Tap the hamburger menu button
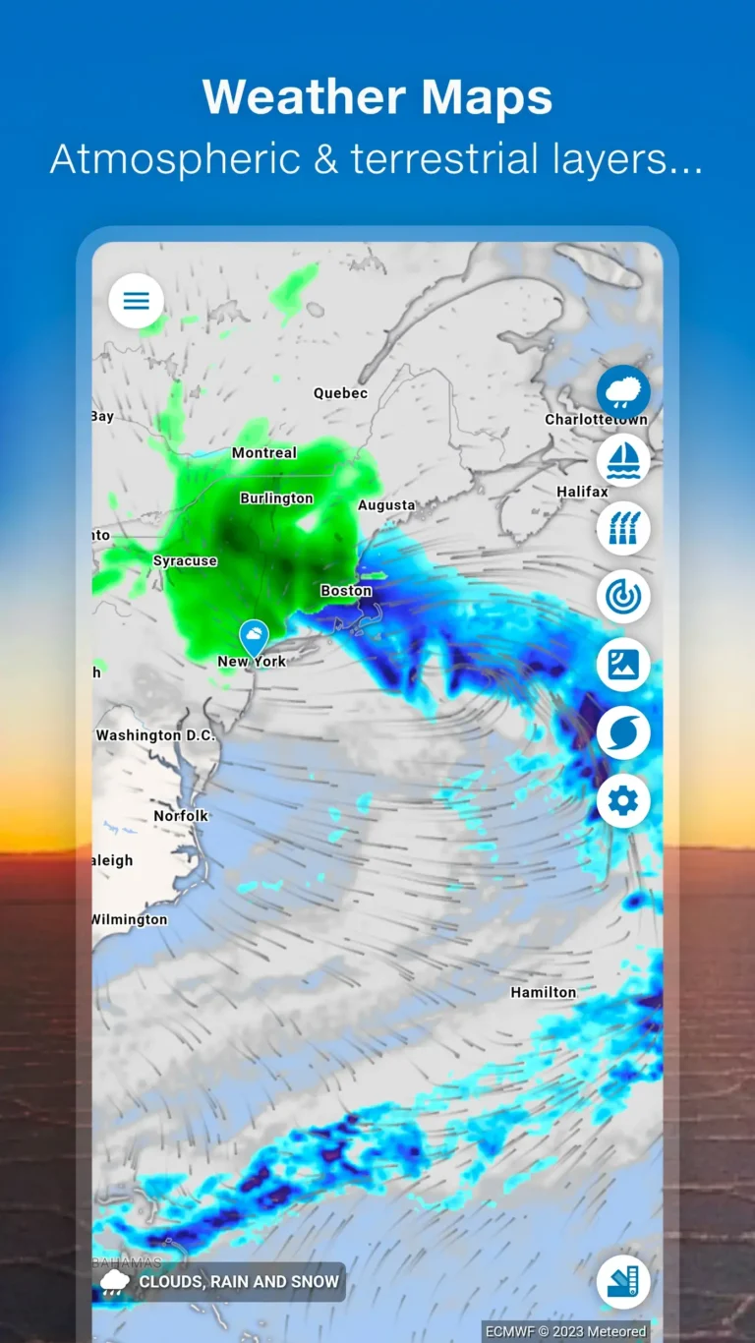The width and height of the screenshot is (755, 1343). (x=136, y=301)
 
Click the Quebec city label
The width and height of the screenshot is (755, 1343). (x=340, y=393)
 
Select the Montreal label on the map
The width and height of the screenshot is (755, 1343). (x=263, y=453)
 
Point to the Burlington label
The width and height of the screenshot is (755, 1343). (x=276, y=498)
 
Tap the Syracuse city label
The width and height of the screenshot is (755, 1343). (x=185, y=561)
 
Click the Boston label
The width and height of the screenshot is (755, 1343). (x=346, y=591)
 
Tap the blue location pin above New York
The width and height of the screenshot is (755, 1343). (x=254, y=635)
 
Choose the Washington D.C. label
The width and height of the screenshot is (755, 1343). (x=155, y=735)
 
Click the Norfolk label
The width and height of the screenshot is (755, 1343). (x=181, y=816)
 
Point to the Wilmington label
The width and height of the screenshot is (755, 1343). (x=130, y=920)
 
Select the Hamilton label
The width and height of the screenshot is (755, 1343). (x=543, y=993)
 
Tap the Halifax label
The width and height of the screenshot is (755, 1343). (x=582, y=492)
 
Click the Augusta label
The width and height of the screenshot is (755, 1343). (x=386, y=505)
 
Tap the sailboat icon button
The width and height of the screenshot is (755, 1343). (x=623, y=459)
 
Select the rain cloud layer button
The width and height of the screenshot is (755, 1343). (x=623, y=391)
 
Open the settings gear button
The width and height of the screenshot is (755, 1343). (x=623, y=801)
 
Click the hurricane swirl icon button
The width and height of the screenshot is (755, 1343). (x=623, y=733)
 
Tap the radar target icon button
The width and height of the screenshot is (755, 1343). (x=623, y=596)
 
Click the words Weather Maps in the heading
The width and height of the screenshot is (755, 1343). (x=377, y=97)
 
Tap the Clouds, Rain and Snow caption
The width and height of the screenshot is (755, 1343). (x=238, y=1282)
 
